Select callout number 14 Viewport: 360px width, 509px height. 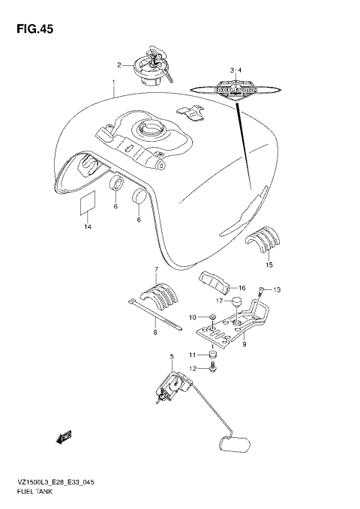click(x=87, y=226)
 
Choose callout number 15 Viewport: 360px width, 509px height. click(x=269, y=265)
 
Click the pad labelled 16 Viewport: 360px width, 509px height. click(x=216, y=282)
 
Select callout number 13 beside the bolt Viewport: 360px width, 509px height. click(x=276, y=289)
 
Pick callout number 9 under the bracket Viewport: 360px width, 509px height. click(x=243, y=345)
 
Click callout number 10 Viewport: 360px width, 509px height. click(x=192, y=317)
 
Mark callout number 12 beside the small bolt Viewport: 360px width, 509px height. click(x=192, y=368)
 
